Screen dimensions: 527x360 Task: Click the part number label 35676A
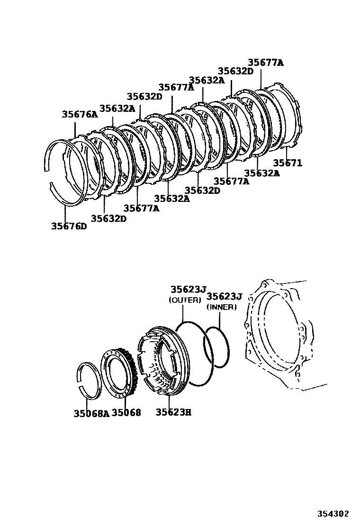pyautogui.click(x=79, y=114)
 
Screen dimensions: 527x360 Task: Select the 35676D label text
pyautogui.click(x=69, y=226)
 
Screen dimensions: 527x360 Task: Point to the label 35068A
pyautogui.click(x=91, y=413)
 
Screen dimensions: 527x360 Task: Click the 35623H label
pyautogui.click(x=173, y=412)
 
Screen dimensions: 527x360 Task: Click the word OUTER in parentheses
pyautogui.click(x=185, y=300)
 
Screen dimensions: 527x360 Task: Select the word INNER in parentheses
pyautogui.click(x=221, y=307)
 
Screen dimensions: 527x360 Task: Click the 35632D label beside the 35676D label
pyautogui.click(x=108, y=218)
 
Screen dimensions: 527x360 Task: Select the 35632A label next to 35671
pyautogui.click(x=262, y=173)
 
